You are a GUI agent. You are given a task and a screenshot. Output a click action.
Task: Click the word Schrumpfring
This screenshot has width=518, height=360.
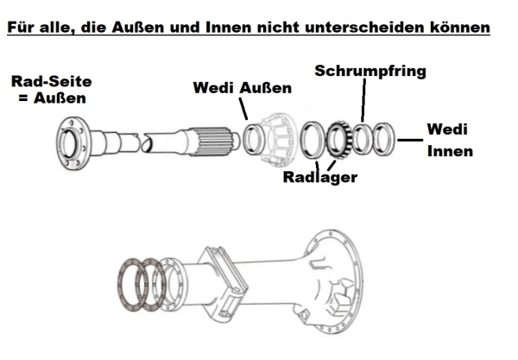[x=370, y=72]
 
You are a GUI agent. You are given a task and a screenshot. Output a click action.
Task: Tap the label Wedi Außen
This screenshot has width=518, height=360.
[x=243, y=88]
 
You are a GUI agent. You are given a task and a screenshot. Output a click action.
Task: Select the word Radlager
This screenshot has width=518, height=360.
[x=320, y=177]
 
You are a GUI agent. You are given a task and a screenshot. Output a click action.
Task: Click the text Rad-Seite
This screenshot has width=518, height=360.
[x=52, y=81]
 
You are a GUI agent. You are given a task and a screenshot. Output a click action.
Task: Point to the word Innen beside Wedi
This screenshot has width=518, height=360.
[x=450, y=151]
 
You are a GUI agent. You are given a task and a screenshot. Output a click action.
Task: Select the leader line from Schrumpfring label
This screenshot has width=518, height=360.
[x=363, y=100]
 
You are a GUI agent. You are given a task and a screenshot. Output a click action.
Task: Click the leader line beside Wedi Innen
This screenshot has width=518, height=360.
[x=410, y=140]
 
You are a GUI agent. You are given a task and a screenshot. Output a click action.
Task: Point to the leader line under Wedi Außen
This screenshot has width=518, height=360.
[x=243, y=109]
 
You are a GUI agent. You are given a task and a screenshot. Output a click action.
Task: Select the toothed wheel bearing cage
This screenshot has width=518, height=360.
[x=339, y=140]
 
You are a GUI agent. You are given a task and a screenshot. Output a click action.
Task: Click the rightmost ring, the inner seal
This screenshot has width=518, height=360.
[x=384, y=139]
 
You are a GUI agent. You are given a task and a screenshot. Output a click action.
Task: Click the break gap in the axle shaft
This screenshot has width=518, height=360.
[x=142, y=142]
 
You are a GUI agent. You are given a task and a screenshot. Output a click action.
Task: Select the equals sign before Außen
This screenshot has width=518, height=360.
[x=23, y=98]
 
